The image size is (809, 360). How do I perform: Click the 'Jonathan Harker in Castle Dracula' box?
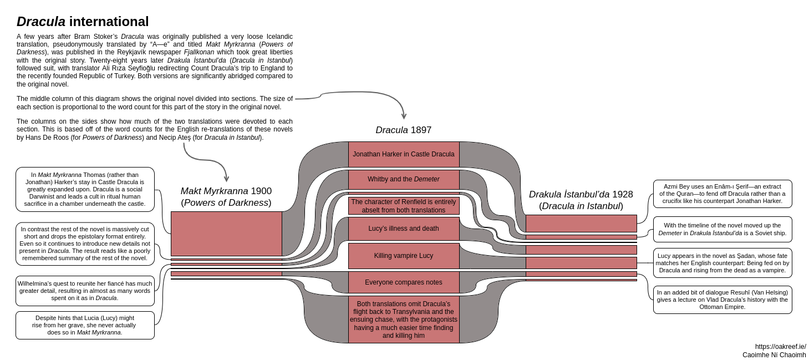click(404, 154)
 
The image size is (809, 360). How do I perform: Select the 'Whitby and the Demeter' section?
click(404, 179)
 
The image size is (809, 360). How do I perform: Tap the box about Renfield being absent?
click(404, 206)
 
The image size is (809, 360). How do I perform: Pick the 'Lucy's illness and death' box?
click(404, 229)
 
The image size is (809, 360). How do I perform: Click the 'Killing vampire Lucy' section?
click(404, 256)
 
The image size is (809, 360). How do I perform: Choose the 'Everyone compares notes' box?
click(404, 282)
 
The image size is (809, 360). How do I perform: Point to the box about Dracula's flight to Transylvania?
click(404, 320)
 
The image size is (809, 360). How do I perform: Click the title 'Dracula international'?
click(83, 22)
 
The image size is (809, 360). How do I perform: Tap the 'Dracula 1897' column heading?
click(403, 130)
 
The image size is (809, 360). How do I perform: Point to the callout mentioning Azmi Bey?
click(722, 194)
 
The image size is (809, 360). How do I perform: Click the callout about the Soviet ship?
click(722, 229)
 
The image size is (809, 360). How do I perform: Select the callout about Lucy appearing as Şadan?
click(722, 263)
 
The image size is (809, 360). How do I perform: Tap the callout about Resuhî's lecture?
click(722, 300)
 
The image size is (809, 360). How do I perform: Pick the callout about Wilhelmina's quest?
click(85, 291)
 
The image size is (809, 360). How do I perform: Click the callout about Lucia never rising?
click(85, 325)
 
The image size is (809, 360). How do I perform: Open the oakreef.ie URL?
click(780, 347)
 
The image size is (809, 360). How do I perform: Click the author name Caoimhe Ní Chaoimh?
click(774, 355)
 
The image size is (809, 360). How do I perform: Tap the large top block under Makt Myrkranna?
click(226, 234)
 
